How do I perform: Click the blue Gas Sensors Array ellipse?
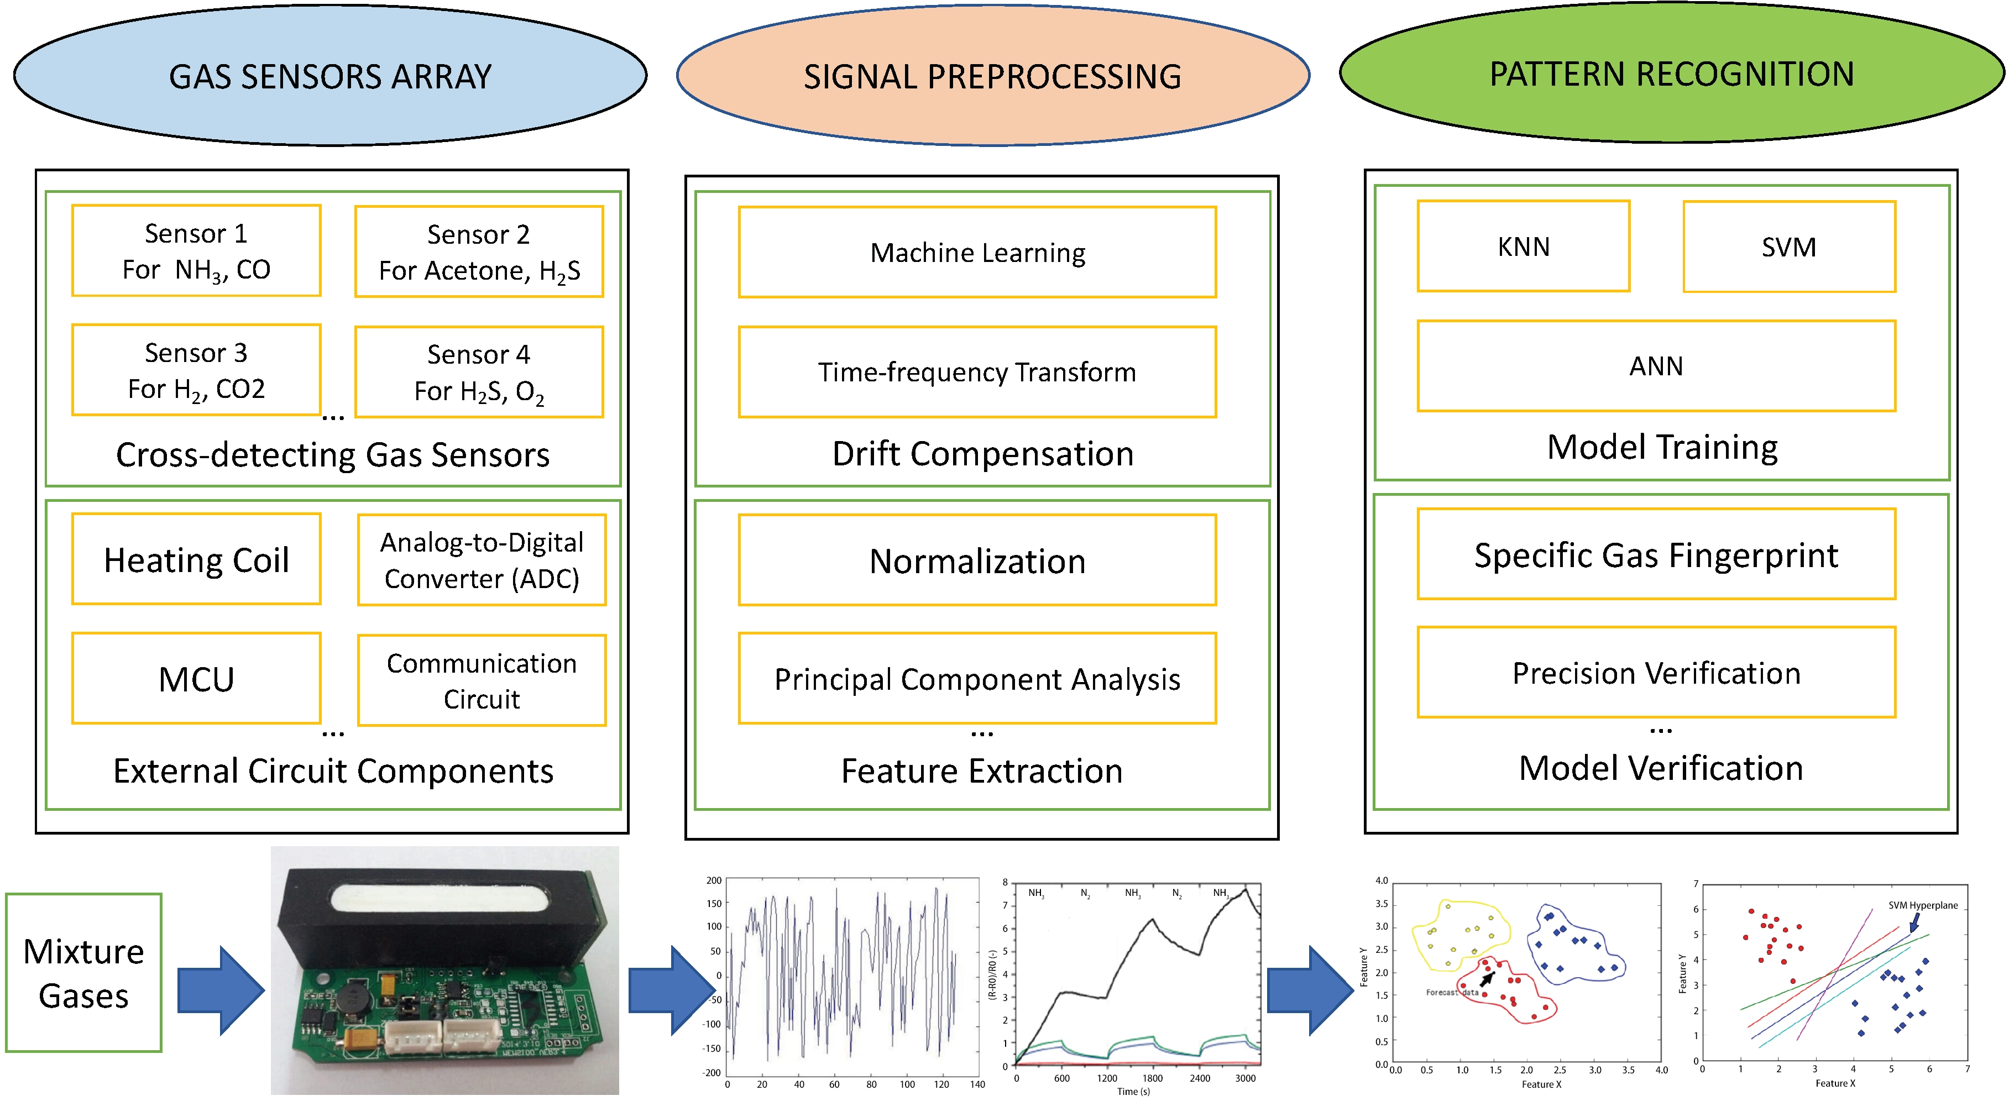330,76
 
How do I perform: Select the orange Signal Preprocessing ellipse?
992,76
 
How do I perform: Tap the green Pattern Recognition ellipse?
1671,74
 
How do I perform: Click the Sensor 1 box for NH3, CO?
196,251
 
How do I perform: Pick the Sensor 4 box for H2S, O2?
479,372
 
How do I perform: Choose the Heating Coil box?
196,559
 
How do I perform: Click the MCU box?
196,678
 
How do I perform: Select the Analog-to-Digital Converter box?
481,560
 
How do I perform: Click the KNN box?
1523,247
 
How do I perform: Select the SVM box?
1788,247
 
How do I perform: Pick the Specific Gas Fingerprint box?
1656,554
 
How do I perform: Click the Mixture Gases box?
83,972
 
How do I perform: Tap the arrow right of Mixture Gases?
221,990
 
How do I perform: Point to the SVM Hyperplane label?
1922,905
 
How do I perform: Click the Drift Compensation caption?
983,454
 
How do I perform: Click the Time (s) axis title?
1133,1091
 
